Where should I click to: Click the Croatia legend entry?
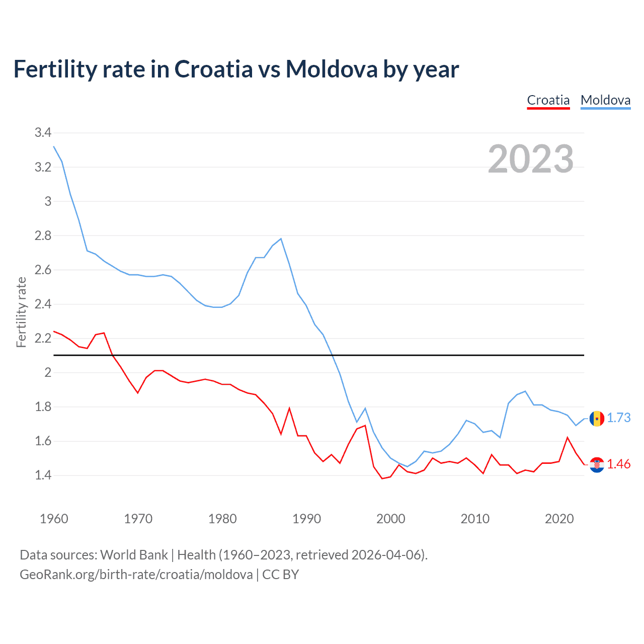[548, 100]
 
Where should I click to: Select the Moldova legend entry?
[605, 100]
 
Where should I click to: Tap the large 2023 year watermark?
[530, 159]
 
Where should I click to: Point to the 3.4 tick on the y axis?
[43, 133]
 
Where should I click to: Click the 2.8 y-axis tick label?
[43, 235]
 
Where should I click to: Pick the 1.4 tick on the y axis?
[43, 475]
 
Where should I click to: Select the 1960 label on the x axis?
[54, 519]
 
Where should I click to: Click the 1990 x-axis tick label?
[306, 519]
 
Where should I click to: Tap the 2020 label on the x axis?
[559, 519]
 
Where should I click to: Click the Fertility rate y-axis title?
[21, 312]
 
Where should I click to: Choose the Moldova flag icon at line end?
[597, 418]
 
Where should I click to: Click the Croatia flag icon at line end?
[597, 464]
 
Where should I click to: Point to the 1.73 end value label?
[618, 418]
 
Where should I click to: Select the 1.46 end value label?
[618, 464]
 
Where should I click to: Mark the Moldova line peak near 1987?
[281, 238]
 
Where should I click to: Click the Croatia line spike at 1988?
[289, 408]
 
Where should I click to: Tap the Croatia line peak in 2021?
[568, 437]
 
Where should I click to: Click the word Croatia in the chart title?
[213, 69]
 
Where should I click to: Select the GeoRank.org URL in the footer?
[136, 575]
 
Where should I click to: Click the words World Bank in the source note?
[134, 555]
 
